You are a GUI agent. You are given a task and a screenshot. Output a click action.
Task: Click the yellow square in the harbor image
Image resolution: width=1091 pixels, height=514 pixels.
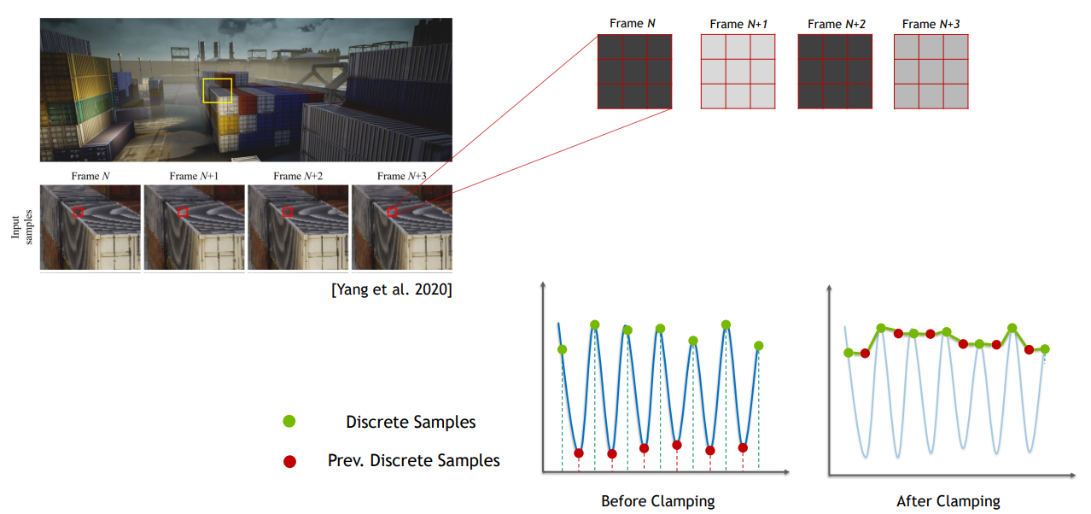217,79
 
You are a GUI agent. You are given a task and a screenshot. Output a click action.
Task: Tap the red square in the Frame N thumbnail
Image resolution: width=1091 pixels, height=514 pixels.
78,207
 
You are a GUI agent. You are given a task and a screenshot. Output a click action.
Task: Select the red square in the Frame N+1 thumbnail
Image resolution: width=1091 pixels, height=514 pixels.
183,207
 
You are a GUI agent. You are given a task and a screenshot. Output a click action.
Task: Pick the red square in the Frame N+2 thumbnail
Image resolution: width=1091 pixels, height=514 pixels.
288,207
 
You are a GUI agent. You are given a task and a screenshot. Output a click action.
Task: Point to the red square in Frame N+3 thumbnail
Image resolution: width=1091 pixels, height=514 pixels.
392,207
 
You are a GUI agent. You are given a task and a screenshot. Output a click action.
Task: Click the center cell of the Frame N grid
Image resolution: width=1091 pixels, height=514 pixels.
634,72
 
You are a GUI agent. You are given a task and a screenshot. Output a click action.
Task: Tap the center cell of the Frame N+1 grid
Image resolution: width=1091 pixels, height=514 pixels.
738,72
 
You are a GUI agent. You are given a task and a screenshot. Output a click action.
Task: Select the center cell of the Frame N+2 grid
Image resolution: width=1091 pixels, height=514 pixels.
835,72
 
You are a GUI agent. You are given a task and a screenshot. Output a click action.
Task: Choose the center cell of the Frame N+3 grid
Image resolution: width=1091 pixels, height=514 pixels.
931,72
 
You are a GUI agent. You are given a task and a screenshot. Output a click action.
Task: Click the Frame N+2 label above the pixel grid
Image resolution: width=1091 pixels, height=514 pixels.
837,24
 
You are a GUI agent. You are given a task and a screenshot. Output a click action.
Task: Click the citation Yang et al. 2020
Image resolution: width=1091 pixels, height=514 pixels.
392,289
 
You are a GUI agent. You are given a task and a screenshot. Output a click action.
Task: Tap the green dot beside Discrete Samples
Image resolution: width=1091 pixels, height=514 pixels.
289,422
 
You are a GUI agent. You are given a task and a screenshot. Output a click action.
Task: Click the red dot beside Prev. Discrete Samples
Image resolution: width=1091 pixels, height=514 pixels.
289,461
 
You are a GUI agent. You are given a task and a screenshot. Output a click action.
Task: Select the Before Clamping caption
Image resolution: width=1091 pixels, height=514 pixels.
657,501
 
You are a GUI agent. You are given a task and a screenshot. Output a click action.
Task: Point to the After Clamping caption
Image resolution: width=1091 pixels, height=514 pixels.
948,501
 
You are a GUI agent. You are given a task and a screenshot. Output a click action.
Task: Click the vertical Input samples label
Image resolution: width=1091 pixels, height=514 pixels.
22,227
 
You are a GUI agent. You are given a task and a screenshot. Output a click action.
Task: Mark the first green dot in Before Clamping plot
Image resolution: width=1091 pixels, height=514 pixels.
562,349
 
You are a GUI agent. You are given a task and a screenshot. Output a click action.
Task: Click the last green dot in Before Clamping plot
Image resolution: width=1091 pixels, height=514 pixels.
758,346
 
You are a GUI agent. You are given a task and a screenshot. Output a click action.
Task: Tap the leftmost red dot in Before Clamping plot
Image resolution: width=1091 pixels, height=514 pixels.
579,453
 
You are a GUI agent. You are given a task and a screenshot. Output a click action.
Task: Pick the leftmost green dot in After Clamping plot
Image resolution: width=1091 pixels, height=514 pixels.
849,353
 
